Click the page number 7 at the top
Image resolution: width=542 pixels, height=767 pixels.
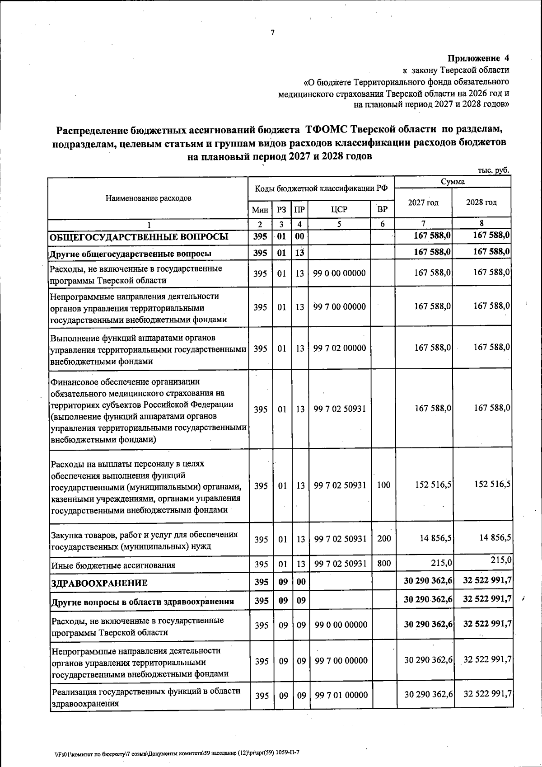click(272, 33)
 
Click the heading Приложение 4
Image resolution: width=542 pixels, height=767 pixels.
click(478, 58)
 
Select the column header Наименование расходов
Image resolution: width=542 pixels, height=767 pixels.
click(149, 198)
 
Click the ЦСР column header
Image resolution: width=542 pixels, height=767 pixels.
click(339, 209)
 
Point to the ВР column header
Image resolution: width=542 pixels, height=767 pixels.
click(382, 209)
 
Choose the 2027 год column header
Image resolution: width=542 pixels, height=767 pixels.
click(423, 202)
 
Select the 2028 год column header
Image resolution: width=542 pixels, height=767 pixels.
click(481, 202)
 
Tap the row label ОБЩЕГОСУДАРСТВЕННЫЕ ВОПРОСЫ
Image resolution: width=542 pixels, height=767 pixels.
click(139, 237)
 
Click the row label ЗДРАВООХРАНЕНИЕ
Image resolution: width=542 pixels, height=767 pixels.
click(99, 583)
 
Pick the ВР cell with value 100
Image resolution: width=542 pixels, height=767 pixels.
click(383, 485)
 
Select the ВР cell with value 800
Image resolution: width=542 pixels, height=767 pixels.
click(383, 564)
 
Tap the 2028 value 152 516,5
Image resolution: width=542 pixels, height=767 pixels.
click(493, 484)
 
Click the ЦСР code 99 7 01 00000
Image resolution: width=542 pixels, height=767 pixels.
click(341, 695)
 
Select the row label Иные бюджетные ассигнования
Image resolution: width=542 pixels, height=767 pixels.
click(113, 565)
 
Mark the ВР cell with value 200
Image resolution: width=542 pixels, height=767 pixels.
click(383, 539)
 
